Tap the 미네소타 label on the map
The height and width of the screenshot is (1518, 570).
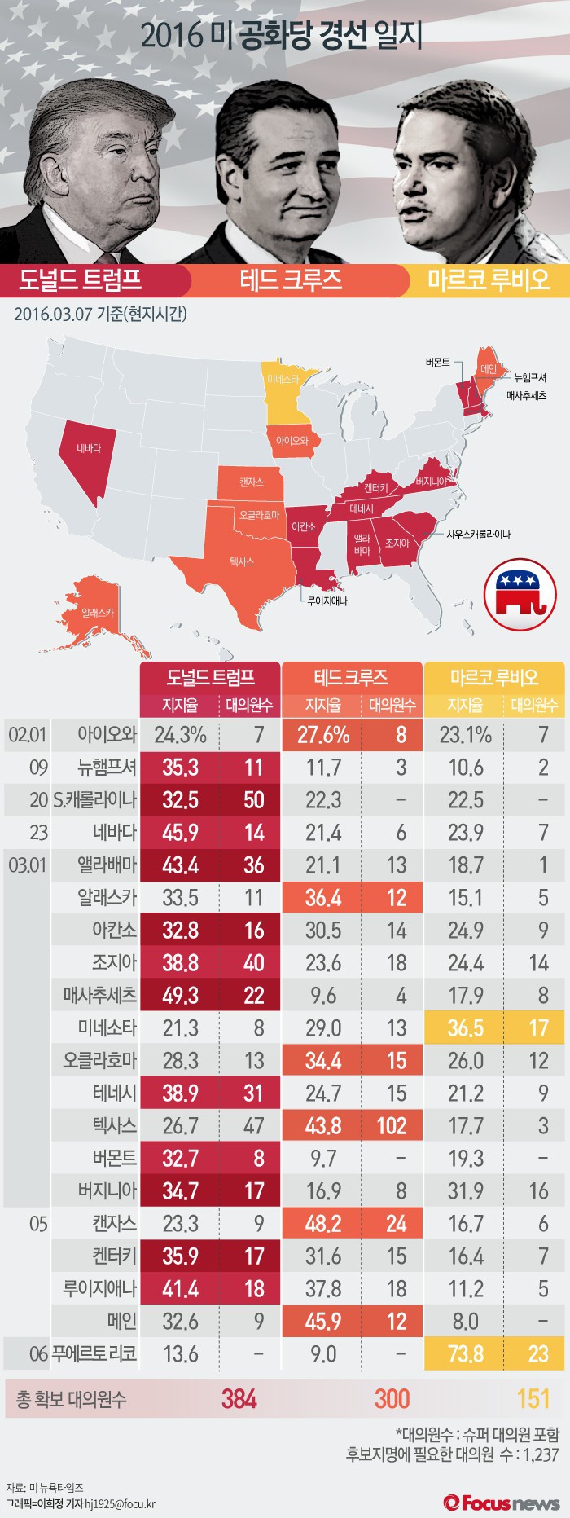(x=283, y=380)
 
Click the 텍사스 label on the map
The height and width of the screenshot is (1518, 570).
(x=242, y=561)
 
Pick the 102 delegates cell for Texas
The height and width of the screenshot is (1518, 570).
(x=392, y=1125)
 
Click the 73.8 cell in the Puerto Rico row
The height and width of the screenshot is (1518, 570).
(x=466, y=1353)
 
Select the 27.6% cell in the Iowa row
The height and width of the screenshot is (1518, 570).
(x=323, y=735)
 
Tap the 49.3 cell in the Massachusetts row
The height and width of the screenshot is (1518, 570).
(x=180, y=995)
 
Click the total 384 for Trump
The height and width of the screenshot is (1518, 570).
(x=239, y=1399)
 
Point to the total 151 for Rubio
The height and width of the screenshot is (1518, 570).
(x=533, y=1399)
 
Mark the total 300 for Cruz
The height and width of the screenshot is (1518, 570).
(x=392, y=1399)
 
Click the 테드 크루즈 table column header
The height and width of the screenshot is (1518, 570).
(x=351, y=677)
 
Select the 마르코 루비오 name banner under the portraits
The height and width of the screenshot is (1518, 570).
(x=489, y=280)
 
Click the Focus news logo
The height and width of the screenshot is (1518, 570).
(x=502, y=1503)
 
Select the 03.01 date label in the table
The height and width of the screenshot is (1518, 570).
(x=28, y=865)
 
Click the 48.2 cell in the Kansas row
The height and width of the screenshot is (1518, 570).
(x=323, y=1223)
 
